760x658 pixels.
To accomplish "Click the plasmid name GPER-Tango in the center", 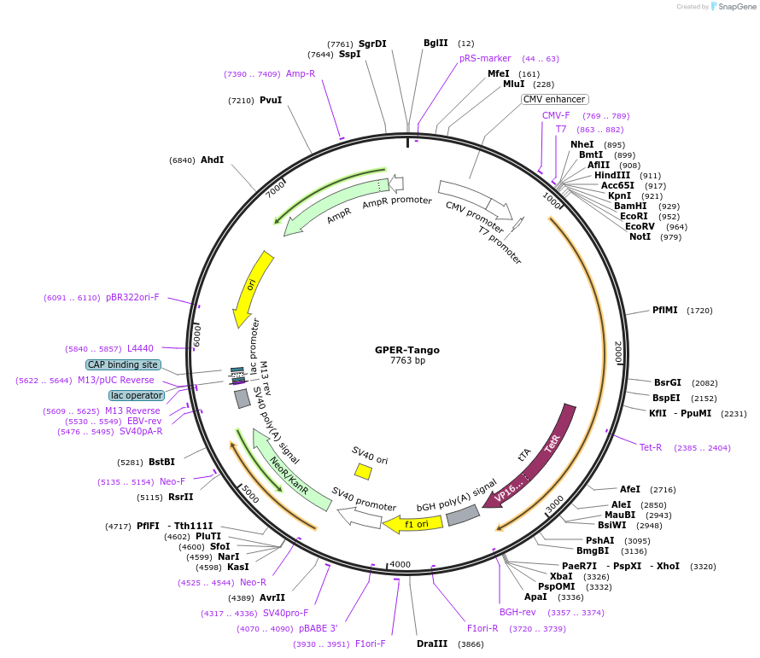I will pyautogui.click(x=407, y=349).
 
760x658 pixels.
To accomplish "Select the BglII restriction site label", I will pyautogui.click(x=436, y=44).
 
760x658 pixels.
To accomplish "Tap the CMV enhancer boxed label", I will pyautogui.click(x=554, y=99).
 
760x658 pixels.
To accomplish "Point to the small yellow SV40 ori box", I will pyautogui.click(x=363, y=471).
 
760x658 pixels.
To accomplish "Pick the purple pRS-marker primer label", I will pyautogui.click(x=485, y=59).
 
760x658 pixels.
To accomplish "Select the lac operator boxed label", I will pyautogui.click(x=137, y=395).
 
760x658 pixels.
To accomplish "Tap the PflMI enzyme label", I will pyautogui.click(x=664, y=311).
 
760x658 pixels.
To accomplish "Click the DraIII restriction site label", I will pyautogui.click(x=431, y=643).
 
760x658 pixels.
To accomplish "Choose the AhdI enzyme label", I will pyautogui.click(x=212, y=160).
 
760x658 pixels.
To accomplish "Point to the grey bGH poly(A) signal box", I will pyautogui.click(x=463, y=515).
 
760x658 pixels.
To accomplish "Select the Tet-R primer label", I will pyautogui.click(x=651, y=447).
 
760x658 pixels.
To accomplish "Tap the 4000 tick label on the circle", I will pyautogui.click(x=400, y=564).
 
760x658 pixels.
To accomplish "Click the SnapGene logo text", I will pyautogui.click(x=738, y=7).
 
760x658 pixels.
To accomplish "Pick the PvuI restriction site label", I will pyautogui.click(x=271, y=101).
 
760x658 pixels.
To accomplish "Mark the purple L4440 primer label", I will pyautogui.click(x=140, y=349).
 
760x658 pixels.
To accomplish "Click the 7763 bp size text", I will pyautogui.click(x=407, y=361).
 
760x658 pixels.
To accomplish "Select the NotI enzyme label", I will pyautogui.click(x=640, y=236).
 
